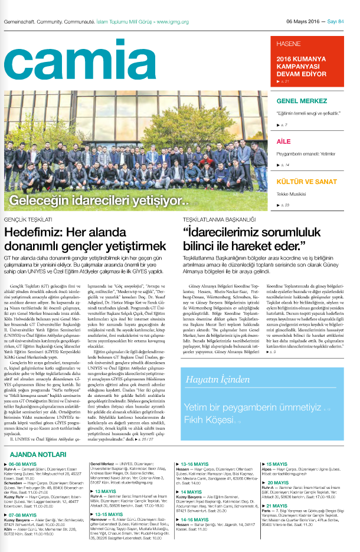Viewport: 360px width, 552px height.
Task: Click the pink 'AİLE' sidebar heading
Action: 284,142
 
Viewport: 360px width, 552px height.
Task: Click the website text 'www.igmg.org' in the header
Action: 172,21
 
